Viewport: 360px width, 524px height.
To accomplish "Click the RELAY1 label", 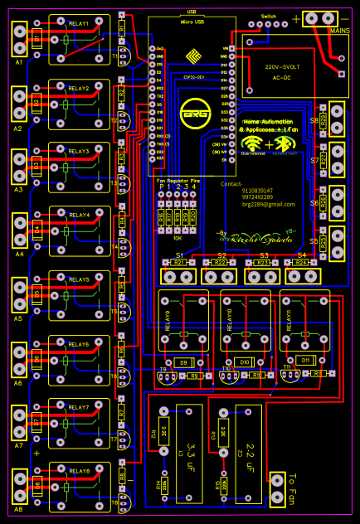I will pos(79,25).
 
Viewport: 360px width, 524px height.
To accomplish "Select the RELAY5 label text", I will pos(79,280).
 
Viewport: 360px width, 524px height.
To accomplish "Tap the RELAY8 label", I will pos(79,471).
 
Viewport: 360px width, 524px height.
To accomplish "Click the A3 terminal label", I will pos(18,190).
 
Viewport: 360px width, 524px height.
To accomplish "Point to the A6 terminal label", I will pos(18,383).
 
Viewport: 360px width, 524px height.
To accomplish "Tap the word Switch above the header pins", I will pos(268,16).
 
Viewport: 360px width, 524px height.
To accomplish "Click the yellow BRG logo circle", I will pos(197,113).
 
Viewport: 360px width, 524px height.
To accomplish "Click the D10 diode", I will pos(244,362).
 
